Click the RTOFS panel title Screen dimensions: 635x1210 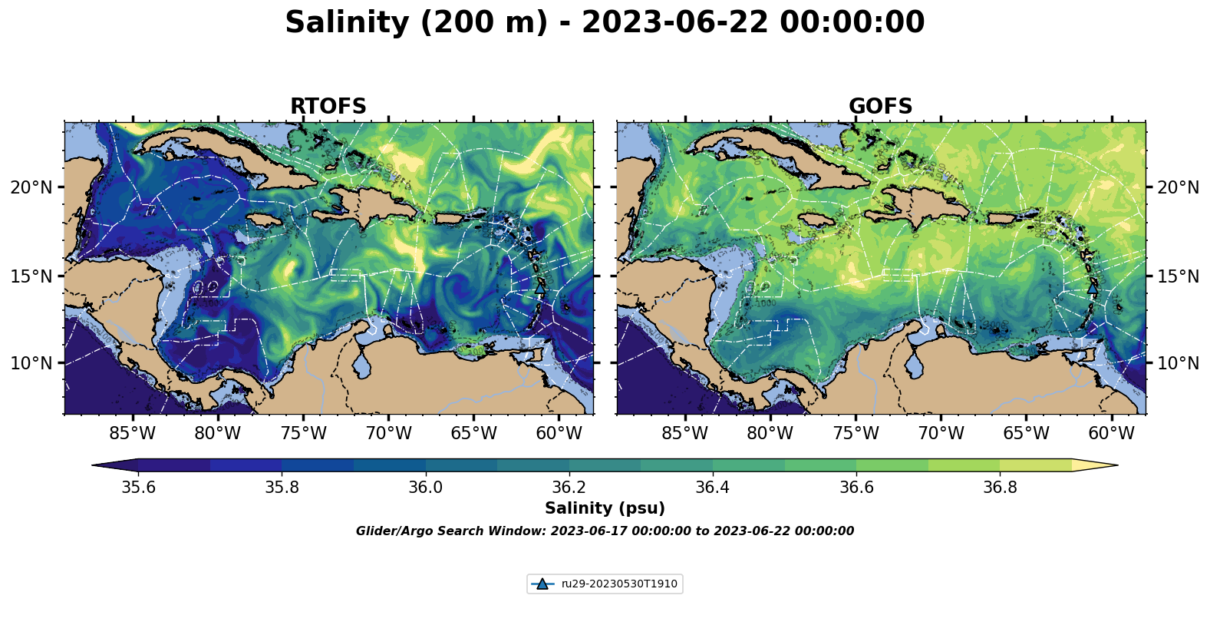(328, 107)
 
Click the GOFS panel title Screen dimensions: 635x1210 (880, 107)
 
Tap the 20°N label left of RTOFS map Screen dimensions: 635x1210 (31, 187)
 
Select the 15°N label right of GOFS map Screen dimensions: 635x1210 (1178, 276)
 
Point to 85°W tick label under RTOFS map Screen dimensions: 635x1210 (132, 434)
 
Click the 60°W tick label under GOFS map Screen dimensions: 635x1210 (1111, 434)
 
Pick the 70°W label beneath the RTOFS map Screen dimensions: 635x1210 (388, 434)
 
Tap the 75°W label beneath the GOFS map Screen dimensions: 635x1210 (856, 434)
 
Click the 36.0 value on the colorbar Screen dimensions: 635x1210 (425, 488)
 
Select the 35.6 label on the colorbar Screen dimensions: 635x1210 (138, 488)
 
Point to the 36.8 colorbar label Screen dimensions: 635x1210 (1000, 488)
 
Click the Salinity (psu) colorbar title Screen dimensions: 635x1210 (605, 508)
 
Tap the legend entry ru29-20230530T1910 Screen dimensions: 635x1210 (618, 584)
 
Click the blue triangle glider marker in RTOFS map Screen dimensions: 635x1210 (541, 288)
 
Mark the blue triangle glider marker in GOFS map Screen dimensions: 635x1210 (1093, 288)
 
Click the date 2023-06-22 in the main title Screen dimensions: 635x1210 (674, 23)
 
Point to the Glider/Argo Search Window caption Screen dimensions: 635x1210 (605, 531)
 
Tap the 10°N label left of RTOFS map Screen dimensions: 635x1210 (31, 363)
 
